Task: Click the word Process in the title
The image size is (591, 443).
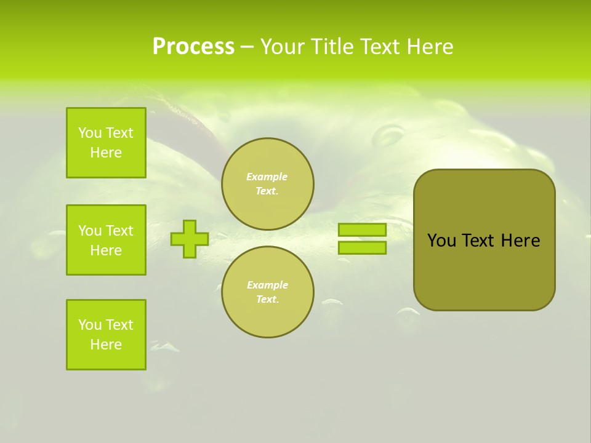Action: (193, 47)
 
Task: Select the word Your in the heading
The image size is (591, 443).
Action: (283, 47)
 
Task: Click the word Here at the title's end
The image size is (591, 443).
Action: (430, 47)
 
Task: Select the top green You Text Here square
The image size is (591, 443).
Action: (106, 143)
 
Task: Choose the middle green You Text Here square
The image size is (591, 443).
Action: (106, 240)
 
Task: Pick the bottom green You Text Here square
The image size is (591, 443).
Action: (106, 335)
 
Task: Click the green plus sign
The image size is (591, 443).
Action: (190, 239)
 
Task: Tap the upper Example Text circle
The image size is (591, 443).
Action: (268, 184)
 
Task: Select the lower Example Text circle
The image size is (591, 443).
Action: (268, 292)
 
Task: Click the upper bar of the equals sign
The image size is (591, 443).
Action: (362, 229)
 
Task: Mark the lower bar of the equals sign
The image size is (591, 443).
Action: (362, 248)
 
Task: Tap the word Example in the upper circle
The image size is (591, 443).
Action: (267, 177)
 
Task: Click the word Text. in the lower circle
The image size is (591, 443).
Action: (268, 300)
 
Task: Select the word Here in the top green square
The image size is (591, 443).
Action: (106, 153)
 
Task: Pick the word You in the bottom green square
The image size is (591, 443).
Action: (90, 325)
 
